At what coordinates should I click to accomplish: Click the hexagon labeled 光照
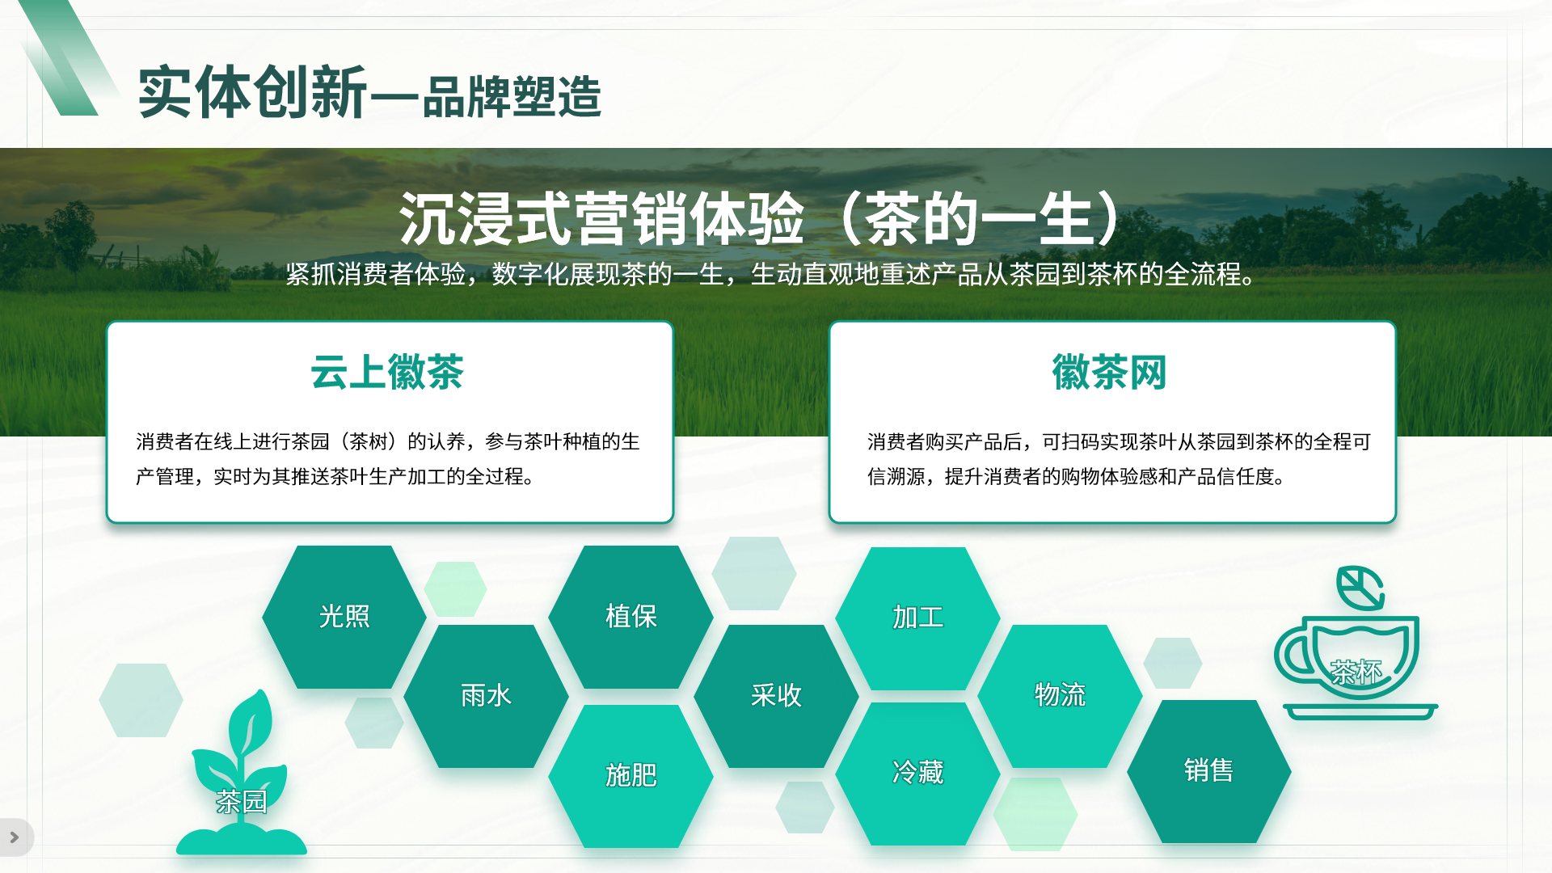pyautogui.click(x=344, y=617)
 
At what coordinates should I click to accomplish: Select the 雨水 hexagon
pyautogui.click(x=486, y=696)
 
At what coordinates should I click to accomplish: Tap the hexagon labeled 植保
pyautogui.click(x=630, y=617)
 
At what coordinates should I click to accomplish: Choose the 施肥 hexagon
pyautogui.click(x=630, y=776)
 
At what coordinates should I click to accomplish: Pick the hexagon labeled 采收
pyautogui.click(x=776, y=696)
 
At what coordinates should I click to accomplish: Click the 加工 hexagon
pyautogui.click(x=917, y=618)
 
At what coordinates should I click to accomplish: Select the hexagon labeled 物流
pyautogui.click(x=1060, y=696)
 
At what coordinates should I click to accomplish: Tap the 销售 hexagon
pyautogui.click(x=1208, y=771)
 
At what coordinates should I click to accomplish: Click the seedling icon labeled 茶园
pyautogui.click(x=241, y=776)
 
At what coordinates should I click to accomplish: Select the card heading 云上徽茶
pyautogui.click(x=387, y=373)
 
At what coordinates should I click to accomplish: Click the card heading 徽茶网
pyautogui.click(x=1109, y=373)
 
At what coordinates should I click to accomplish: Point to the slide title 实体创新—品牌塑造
pyautogui.click(x=370, y=94)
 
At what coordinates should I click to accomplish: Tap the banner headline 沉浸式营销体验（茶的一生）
pyautogui.click(x=760, y=219)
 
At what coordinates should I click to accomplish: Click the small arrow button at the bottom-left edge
pyautogui.click(x=14, y=837)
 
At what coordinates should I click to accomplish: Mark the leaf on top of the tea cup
pyautogui.click(x=1360, y=588)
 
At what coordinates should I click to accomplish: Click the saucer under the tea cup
pyautogui.click(x=1360, y=712)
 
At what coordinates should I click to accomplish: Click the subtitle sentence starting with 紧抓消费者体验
pyautogui.click(x=772, y=275)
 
